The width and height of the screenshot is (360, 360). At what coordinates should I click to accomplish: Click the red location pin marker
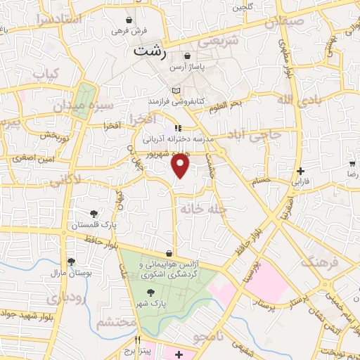[x=181, y=166]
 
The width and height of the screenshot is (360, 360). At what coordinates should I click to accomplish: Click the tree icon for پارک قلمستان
[x=94, y=213]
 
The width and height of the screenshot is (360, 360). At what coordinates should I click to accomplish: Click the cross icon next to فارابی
[x=301, y=170]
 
